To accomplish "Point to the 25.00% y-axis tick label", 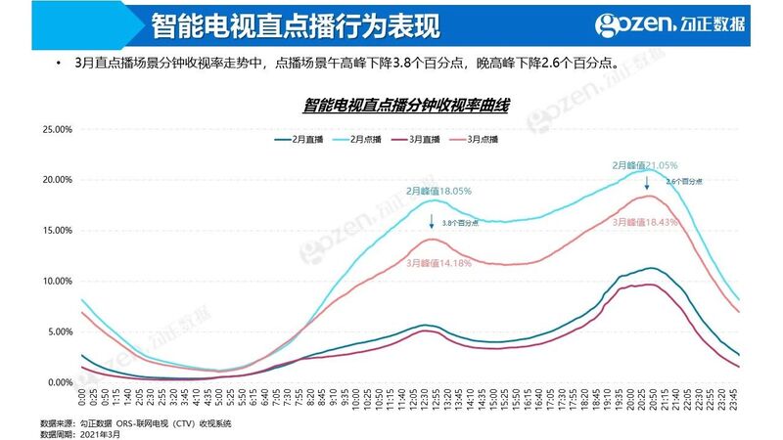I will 56,129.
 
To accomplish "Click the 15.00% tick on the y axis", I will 56,231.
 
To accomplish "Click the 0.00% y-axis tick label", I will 58,382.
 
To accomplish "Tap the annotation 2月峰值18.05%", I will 439,192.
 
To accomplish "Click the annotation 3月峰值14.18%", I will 439,262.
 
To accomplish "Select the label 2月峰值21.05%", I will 644,166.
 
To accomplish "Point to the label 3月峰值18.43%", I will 644,223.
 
